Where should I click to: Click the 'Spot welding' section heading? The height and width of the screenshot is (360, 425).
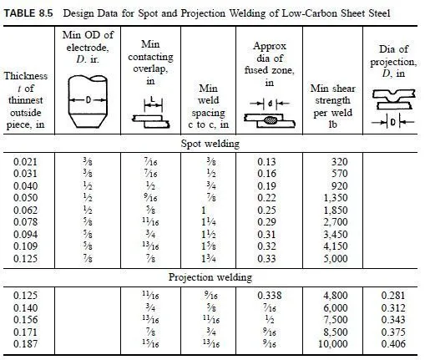point(212,143)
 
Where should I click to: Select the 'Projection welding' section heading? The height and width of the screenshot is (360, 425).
point(212,276)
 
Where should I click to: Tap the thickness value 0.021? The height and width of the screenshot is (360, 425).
point(28,160)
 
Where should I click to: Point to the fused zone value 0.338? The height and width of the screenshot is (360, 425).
point(269,295)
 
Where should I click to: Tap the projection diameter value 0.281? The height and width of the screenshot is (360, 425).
point(392,295)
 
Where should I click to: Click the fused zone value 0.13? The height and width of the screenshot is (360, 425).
point(269,160)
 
